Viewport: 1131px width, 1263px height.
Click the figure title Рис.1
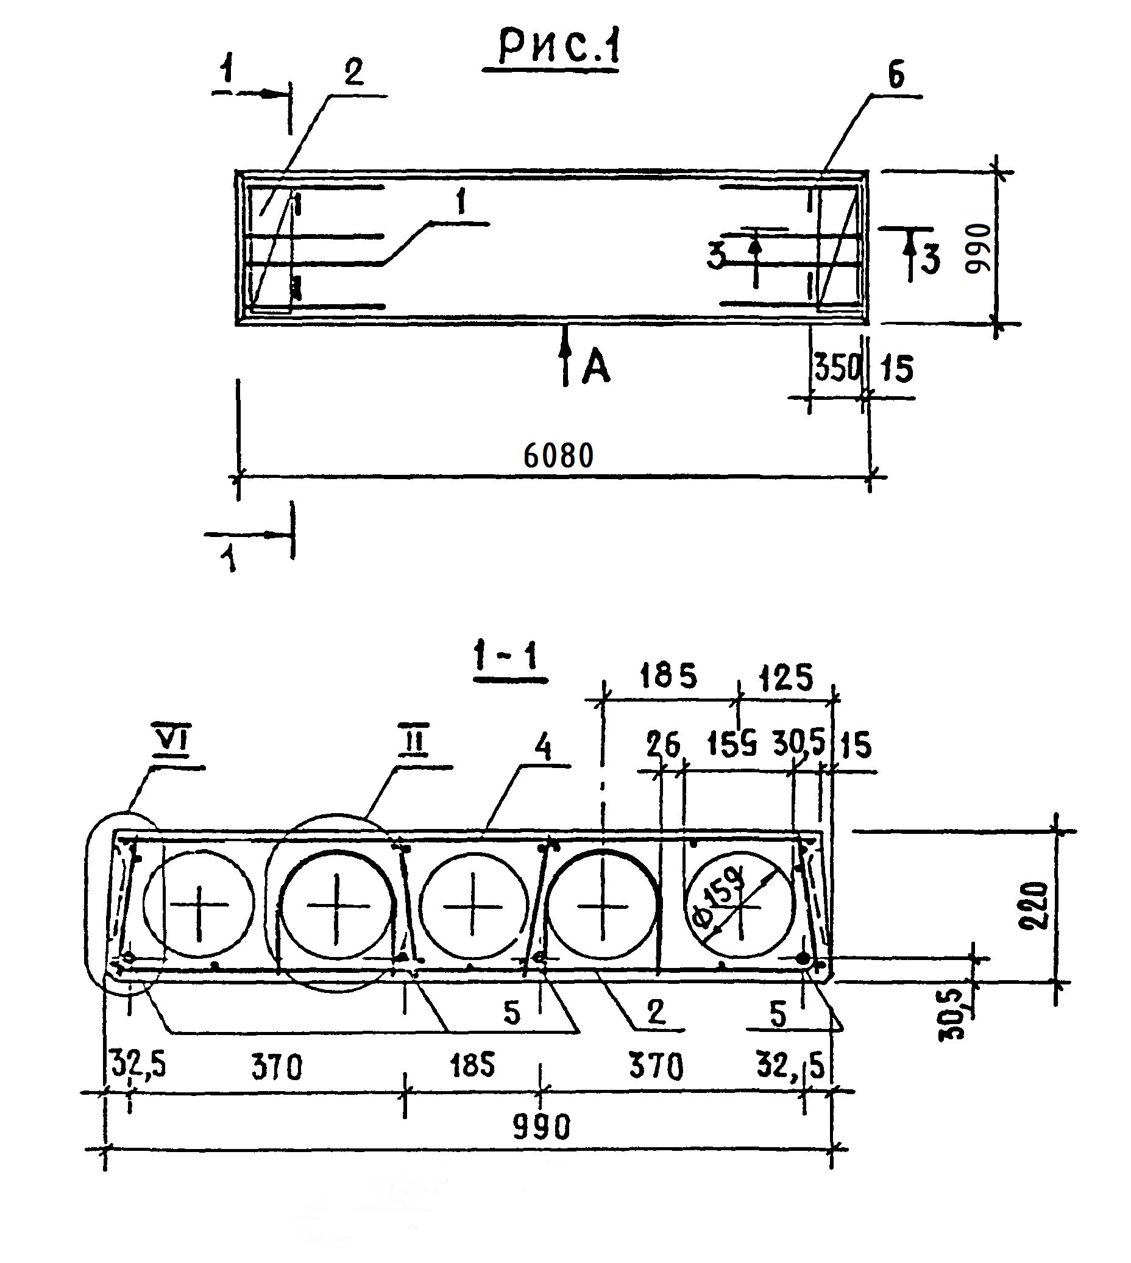coord(559,49)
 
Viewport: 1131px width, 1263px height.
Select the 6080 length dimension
coord(558,456)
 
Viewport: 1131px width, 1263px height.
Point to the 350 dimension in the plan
coord(837,369)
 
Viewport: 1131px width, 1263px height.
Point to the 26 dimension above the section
coord(662,745)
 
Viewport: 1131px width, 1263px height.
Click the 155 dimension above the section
coord(732,744)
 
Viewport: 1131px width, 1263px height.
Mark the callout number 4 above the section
coord(543,749)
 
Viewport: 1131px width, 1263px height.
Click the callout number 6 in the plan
coord(896,76)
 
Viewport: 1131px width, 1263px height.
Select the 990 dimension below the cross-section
coord(542,1127)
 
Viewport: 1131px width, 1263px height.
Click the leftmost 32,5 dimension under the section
coord(138,1064)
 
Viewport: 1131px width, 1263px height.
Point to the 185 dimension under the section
coord(472,1065)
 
